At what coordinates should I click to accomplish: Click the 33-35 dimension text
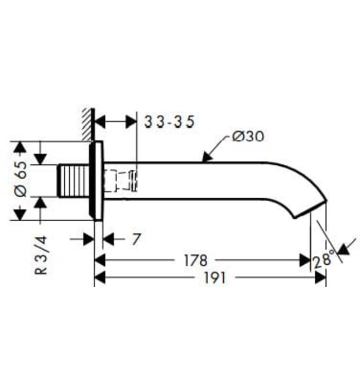[x=169, y=122]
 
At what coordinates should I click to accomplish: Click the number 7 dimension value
[x=136, y=240]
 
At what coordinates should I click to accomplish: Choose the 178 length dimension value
[x=196, y=260]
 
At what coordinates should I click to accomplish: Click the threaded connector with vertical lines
[x=74, y=180]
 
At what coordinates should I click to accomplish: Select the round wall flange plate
[x=96, y=180]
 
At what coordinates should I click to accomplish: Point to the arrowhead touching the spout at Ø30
[x=206, y=158]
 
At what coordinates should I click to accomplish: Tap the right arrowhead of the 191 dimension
[x=320, y=278]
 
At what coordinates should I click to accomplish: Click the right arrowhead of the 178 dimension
[x=305, y=260]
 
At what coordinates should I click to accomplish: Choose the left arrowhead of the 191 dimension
[x=100, y=278]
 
